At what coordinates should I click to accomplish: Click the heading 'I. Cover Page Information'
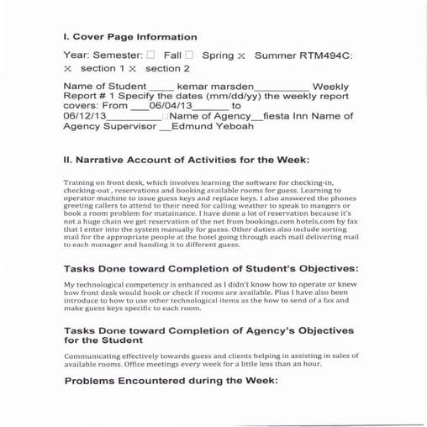click(x=130, y=37)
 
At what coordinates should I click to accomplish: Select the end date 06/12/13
click(x=83, y=117)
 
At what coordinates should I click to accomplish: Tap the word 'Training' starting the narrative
click(x=81, y=182)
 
